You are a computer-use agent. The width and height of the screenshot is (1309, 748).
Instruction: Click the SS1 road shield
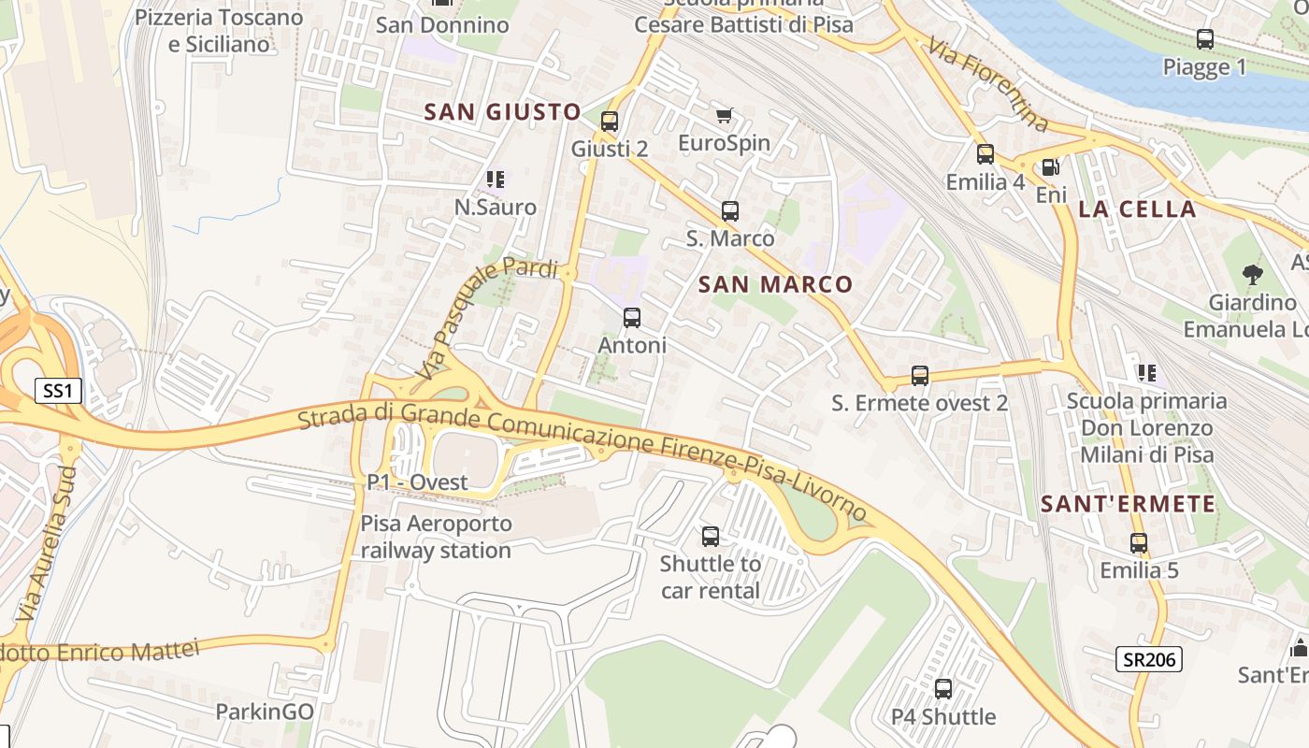click(x=58, y=390)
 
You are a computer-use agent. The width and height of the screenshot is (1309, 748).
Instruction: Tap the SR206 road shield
click(x=1148, y=659)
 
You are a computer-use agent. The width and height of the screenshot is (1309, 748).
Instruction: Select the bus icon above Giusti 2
click(x=610, y=121)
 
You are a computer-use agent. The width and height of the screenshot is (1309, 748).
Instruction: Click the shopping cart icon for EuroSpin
click(x=725, y=115)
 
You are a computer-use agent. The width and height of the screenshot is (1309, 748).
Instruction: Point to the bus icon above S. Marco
click(x=730, y=211)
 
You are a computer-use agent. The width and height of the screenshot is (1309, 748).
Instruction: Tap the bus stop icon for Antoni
click(x=632, y=318)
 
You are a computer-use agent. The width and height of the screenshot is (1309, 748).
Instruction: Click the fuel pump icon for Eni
click(x=1051, y=166)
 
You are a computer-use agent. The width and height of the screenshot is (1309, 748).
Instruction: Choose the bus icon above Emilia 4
click(x=985, y=154)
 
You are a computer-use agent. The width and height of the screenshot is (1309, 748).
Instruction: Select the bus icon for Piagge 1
click(x=1205, y=39)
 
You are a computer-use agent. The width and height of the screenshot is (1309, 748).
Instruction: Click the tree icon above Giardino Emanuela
click(x=1252, y=274)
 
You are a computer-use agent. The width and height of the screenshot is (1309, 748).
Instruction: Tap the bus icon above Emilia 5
click(x=1139, y=542)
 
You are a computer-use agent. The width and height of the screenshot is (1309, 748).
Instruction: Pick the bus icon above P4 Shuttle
click(x=943, y=689)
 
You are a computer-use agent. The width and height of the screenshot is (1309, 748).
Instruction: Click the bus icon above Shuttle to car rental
click(x=711, y=537)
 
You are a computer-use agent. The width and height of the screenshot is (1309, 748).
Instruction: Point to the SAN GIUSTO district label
click(x=503, y=112)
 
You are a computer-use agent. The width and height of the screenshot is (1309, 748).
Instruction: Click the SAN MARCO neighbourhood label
click(x=775, y=284)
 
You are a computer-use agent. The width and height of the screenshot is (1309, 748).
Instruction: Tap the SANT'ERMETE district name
click(x=1129, y=504)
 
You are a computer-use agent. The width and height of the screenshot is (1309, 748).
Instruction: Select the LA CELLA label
click(x=1137, y=209)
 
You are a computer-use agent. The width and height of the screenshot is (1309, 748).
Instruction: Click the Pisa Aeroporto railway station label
click(x=437, y=537)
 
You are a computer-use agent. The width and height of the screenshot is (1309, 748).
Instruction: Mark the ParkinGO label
click(x=265, y=712)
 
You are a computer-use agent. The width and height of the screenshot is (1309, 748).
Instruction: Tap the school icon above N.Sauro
click(x=496, y=179)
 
